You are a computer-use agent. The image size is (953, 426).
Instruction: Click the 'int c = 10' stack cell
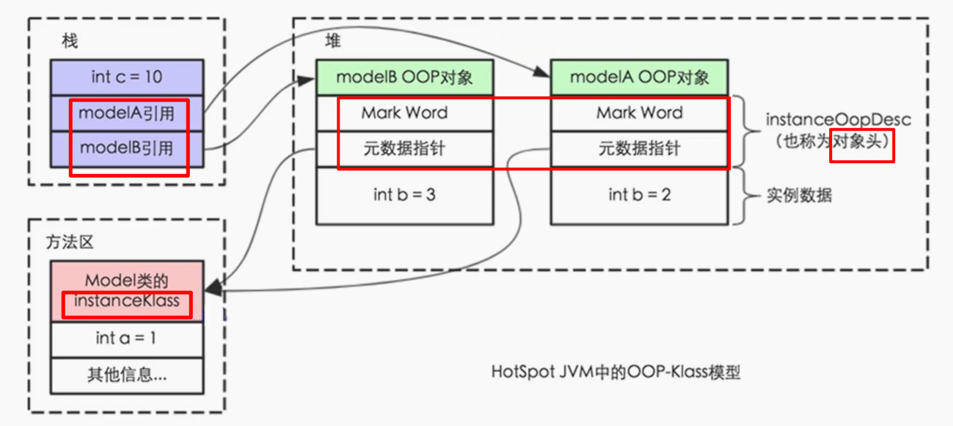coord(127,77)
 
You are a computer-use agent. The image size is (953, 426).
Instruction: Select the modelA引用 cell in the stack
coord(126,113)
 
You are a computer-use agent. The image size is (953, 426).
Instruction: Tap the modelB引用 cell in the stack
coord(126,148)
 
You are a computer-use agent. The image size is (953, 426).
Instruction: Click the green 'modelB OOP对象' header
coord(404,77)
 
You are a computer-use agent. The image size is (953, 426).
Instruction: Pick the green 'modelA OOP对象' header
coord(639,77)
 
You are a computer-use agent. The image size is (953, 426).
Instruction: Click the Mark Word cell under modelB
coord(404,113)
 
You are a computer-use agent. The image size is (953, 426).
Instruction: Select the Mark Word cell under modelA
coord(639,113)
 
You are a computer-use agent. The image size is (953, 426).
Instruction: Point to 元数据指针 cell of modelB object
coord(404,149)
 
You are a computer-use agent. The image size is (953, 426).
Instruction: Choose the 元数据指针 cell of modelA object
coord(639,149)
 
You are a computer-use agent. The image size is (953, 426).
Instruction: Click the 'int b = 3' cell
coord(404,195)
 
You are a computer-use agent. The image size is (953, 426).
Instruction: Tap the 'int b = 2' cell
coord(639,195)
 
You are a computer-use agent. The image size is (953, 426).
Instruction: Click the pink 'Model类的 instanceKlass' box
coord(127,290)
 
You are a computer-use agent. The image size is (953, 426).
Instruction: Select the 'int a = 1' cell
coord(127,338)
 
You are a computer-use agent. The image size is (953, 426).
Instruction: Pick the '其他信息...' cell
coord(127,375)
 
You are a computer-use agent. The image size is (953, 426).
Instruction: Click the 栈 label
coord(70,42)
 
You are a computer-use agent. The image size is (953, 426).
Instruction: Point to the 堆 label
coord(333,41)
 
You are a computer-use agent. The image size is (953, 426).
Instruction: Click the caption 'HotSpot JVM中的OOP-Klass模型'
coord(616,372)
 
